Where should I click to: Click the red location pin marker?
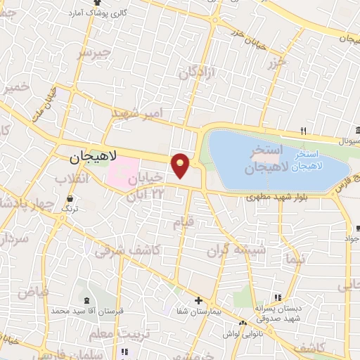pyautogui.click(x=181, y=165)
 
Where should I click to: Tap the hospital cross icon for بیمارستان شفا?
pyautogui.click(x=200, y=300)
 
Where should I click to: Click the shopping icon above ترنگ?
pyautogui.click(x=70, y=200)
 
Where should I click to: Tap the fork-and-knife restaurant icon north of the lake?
pyautogui.click(x=303, y=131)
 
